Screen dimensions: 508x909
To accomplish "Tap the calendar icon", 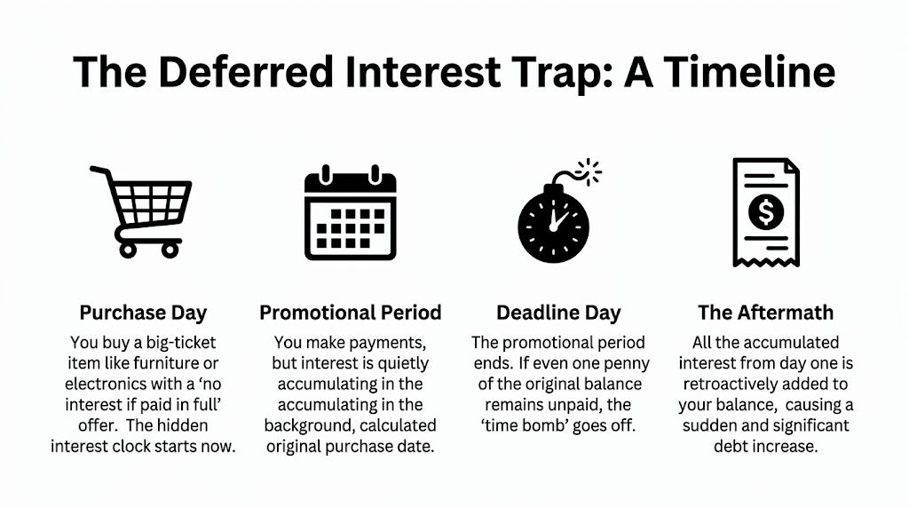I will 350,213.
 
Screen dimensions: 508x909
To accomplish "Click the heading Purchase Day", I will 143,313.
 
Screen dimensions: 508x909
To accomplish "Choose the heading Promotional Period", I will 350,313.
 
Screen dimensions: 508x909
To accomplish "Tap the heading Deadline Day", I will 558,313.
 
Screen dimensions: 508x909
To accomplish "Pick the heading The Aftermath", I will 765,313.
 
